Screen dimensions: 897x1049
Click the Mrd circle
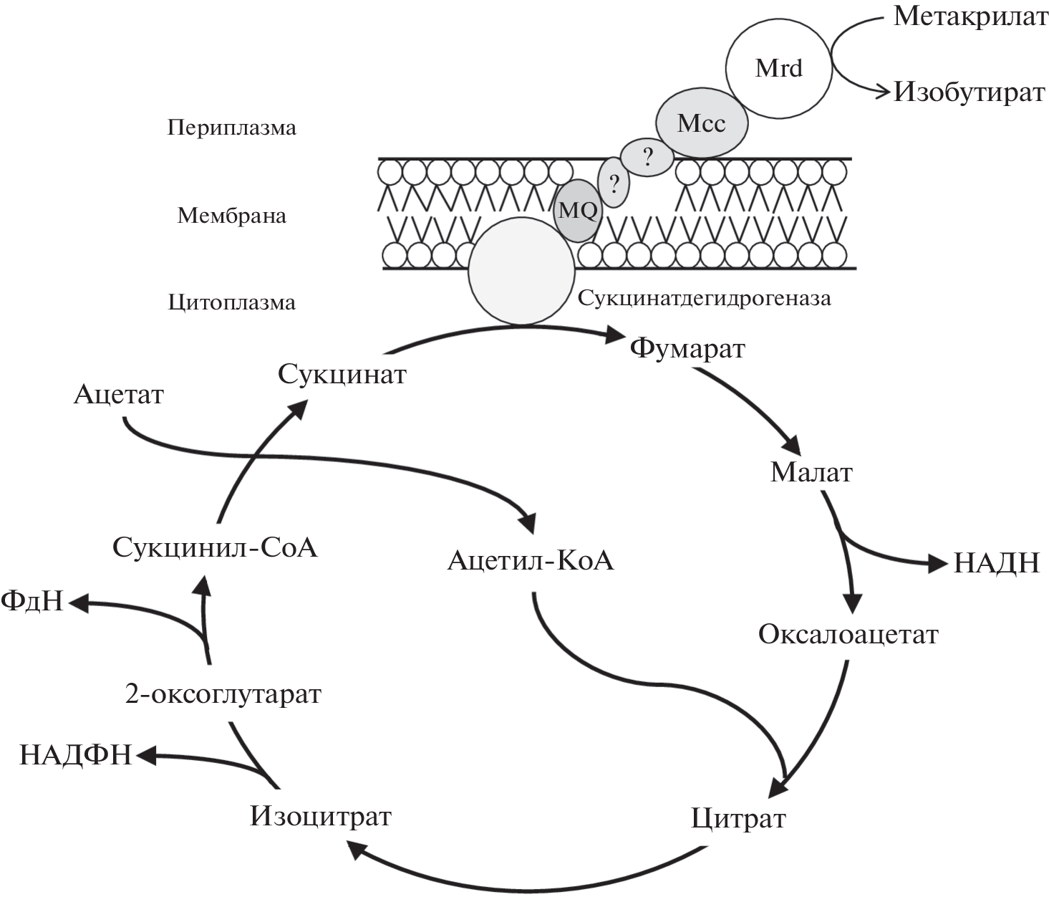(x=779, y=68)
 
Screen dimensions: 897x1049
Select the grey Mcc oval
(x=702, y=123)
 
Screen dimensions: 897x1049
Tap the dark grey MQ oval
(x=577, y=211)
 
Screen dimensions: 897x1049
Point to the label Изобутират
(x=969, y=92)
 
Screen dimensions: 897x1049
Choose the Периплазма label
(x=231, y=128)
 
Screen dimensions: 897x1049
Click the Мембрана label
(x=231, y=216)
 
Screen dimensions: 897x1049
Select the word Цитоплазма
(x=231, y=302)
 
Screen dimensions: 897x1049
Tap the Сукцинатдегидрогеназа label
(x=705, y=299)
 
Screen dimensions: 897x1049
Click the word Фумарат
(x=687, y=350)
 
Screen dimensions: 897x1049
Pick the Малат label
(x=811, y=473)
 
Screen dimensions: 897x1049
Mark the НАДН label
(x=996, y=564)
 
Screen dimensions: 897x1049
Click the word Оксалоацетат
(x=849, y=635)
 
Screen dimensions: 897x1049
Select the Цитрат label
(x=738, y=819)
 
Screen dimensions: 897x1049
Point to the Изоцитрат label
(x=321, y=817)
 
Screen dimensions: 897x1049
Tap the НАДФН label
(x=76, y=755)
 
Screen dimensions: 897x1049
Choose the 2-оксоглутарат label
(x=223, y=694)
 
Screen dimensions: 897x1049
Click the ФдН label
(x=32, y=601)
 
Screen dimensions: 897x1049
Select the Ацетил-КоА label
(x=531, y=560)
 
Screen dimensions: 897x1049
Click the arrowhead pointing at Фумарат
(x=617, y=334)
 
